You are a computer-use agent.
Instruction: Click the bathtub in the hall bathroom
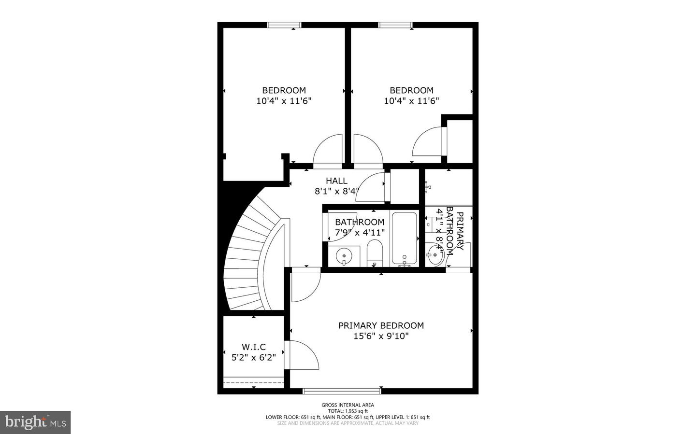pyautogui.click(x=404, y=238)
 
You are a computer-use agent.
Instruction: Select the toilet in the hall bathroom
pyautogui.click(x=375, y=253)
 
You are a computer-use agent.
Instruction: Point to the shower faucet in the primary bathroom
pyautogui.click(x=428, y=185)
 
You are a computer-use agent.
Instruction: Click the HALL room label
pyautogui.click(x=336, y=181)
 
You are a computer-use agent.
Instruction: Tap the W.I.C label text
pyautogui.click(x=254, y=347)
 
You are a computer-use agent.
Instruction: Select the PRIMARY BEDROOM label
pyautogui.click(x=381, y=325)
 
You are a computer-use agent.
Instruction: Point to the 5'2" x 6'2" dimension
pyautogui.click(x=254, y=357)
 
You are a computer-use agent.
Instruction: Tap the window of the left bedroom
pyautogui.click(x=284, y=25)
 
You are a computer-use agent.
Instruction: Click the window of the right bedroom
pyautogui.click(x=395, y=25)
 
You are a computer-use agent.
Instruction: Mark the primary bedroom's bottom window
pyautogui.click(x=342, y=391)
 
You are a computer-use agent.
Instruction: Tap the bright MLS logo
pyautogui.click(x=35, y=422)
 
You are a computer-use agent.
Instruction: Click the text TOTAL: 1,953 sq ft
pyautogui.click(x=348, y=411)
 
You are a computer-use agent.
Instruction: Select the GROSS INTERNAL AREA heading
pyautogui.click(x=348, y=405)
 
